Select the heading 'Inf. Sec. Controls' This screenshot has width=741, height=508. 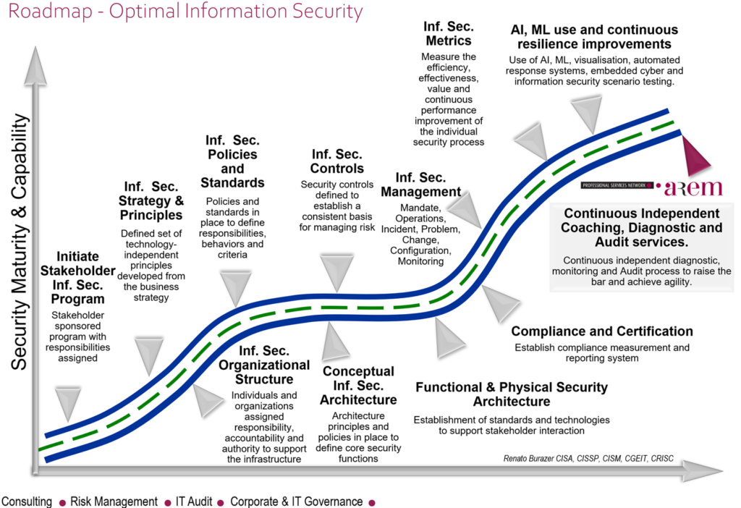[x=337, y=161]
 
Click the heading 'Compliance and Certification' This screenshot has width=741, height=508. [x=602, y=331]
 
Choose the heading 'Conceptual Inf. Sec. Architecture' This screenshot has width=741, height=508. [x=358, y=385]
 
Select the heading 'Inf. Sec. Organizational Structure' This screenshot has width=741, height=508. [x=264, y=365]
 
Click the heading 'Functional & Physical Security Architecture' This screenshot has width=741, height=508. [x=512, y=394]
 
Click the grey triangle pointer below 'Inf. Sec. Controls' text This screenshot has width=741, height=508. [x=336, y=272]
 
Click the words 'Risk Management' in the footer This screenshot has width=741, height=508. [x=114, y=501]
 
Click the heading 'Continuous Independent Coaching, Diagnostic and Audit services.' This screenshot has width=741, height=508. [x=641, y=227]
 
